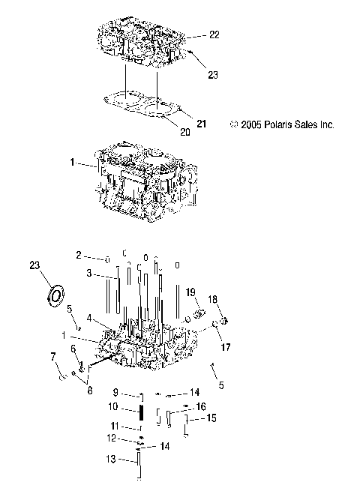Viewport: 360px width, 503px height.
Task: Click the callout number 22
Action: pyautogui.click(x=214, y=35)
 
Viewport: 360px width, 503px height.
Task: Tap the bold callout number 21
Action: pyautogui.click(x=201, y=122)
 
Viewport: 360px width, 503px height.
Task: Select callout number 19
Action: pyautogui.click(x=190, y=292)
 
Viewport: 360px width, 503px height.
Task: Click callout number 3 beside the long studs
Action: pyautogui.click(x=88, y=274)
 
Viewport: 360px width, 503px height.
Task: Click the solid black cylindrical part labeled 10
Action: pyautogui.click(x=140, y=412)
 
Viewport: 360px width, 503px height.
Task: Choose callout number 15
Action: pyautogui.click(x=212, y=418)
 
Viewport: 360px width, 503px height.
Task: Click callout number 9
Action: pyautogui.click(x=115, y=392)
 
